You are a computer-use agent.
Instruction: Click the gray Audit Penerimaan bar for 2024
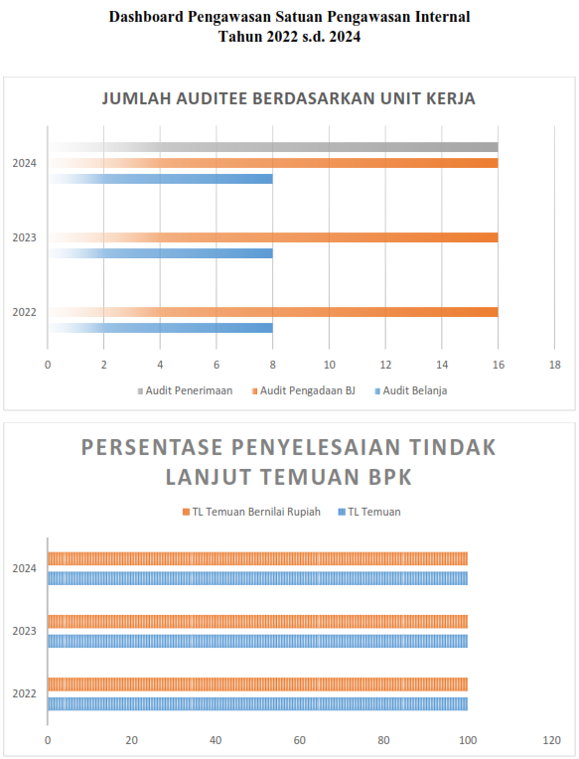pos(273,147)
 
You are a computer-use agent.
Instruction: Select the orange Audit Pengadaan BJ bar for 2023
pos(273,237)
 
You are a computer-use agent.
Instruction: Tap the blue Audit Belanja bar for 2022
pos(160,328)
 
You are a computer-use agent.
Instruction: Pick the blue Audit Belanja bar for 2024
pos(160,179)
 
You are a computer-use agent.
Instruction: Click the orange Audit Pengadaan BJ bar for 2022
pos(273,312)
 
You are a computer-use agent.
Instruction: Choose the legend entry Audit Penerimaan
pos(185,390)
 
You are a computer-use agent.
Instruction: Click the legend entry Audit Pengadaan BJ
pos(303,390)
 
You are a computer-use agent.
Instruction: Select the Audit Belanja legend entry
pos(411,390)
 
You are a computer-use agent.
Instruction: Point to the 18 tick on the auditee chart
pos(555,365)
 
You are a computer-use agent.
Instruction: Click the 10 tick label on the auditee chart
pos(330,365)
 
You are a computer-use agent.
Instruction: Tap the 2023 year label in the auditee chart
pos(24,237)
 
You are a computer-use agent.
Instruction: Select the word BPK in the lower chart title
pos(390,477)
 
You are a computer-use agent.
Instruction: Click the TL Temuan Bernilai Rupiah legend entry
pos(251,512)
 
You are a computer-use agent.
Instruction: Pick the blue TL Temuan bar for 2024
pos(258,578)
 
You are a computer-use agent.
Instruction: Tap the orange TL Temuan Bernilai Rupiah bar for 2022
pos(258,683)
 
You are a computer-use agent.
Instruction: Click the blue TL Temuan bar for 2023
pos(258,641)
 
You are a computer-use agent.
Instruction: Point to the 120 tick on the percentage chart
pos(552,740)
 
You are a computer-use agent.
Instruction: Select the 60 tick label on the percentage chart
pos(300,740)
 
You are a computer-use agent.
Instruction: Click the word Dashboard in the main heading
pos(146,17)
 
